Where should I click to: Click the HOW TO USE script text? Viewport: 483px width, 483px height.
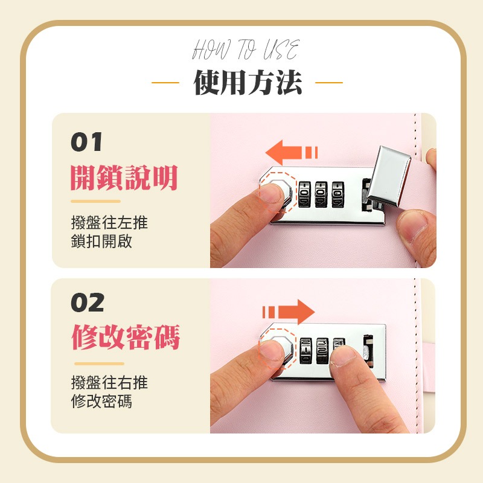[245, 50]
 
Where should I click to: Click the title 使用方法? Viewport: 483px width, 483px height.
[248, 82]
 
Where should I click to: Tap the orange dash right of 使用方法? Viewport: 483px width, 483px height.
[329, 83]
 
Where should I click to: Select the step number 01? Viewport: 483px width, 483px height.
[86, 143]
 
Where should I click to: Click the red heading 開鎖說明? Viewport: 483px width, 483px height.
[124, 178]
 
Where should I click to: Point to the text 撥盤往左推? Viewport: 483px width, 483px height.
[109, 223]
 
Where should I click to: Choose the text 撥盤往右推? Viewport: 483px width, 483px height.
[109, 382]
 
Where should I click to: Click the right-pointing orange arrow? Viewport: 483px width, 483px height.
[289, 312]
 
